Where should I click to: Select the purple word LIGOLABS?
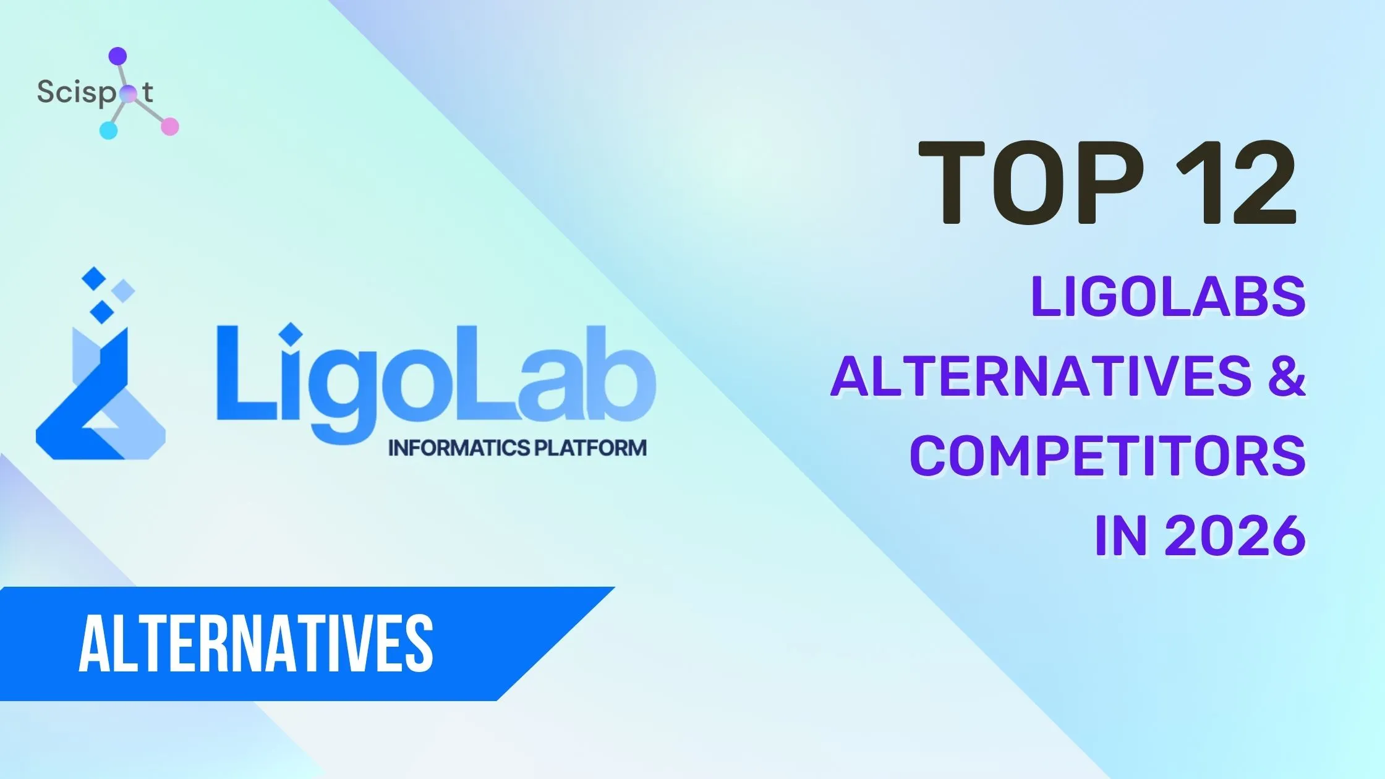click(1167, 297)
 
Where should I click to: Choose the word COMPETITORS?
click(1107, 456)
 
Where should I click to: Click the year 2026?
click(1235, 535)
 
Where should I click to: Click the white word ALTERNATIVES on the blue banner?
click(255, 644)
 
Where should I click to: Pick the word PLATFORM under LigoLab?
click(590, 448)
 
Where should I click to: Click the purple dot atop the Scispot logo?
click(117, 56)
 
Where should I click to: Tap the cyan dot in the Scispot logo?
click(108, 130)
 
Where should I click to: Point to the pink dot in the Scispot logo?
click(169, 127)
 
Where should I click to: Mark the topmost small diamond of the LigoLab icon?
click(95, 279)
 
